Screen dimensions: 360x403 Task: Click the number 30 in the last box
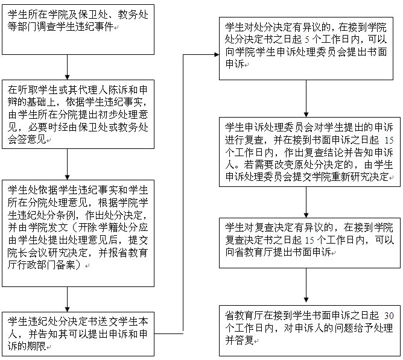[389, 315]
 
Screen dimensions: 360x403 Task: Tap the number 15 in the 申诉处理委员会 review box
[389, 141]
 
